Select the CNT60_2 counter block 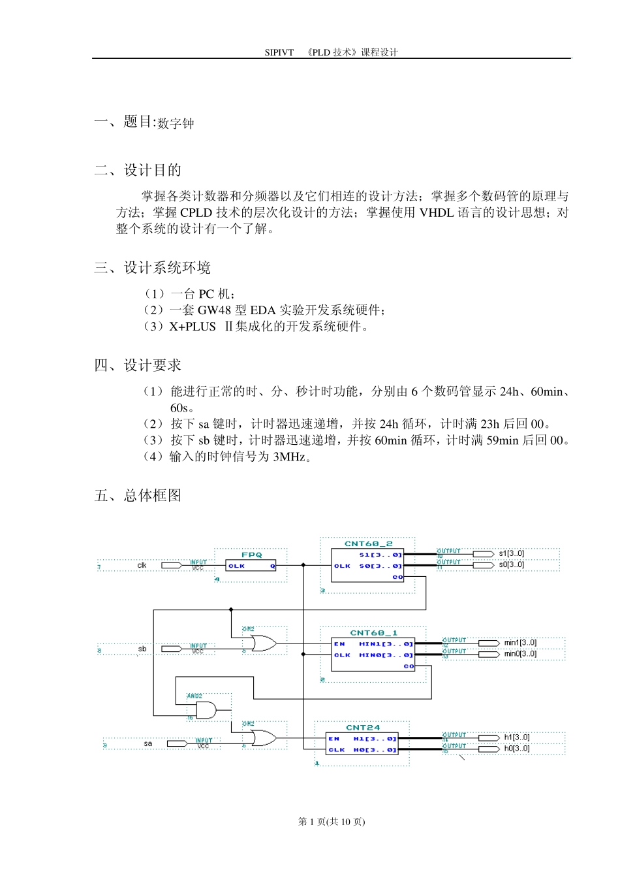(x=368, y=566)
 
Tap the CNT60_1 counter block (x=373, y=655)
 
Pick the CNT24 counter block (x=362, y=744)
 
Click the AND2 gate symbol (x=206, y=710)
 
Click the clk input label (x=142, y=565)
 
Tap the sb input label (x=142, y=649)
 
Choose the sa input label (x=148, y=743)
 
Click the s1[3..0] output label (x=511, y=554)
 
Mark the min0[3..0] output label (x=520, y=654)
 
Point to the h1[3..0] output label (x=516, y=738)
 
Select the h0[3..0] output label (x=516, y=749)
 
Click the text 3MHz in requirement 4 (x=289, y=457)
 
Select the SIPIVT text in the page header (x=279, y=52)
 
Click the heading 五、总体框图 (x=138, y=496)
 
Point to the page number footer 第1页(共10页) (x=332, y=822)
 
